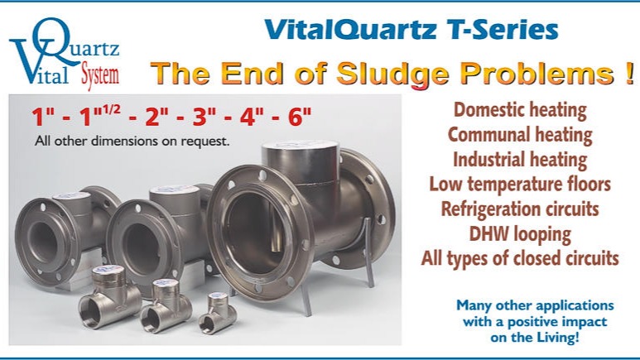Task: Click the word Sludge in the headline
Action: [x=392, y=74]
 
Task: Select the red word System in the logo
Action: [x=100, y=75]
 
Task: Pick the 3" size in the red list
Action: [x=205, y=117]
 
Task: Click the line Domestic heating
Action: [x=520, y=110]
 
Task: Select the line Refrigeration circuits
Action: [x=520, y=209]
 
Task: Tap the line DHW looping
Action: [x=520, y=234]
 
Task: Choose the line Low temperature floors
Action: [x=520, y=184]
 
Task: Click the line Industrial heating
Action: [x=520, y=160]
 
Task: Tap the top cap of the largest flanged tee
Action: [x=301, y=146]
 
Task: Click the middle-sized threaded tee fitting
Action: [x=166, y=305]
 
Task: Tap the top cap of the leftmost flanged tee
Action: [x=72, y=196]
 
